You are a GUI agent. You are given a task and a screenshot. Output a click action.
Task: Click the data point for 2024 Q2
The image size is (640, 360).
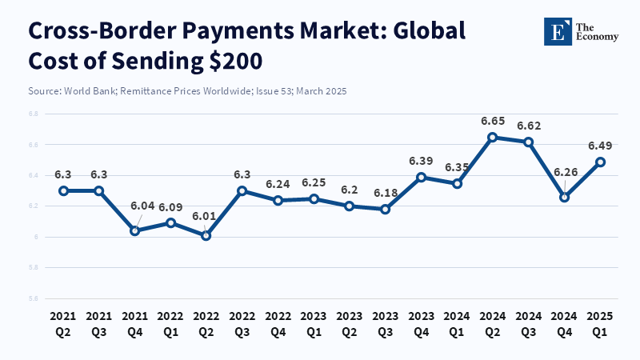[493, 137]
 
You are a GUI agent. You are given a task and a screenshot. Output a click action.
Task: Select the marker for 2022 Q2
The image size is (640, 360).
[206, 235]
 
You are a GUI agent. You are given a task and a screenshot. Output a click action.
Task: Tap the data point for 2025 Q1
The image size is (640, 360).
[600, 162]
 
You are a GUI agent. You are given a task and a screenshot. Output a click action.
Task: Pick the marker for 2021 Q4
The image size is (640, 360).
[134, 230]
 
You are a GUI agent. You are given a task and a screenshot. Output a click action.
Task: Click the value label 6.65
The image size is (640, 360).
[493, 121]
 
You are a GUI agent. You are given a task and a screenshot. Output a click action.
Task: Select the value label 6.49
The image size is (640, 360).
[600, 146]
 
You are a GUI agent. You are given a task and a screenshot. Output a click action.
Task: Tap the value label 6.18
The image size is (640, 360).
[386, 194]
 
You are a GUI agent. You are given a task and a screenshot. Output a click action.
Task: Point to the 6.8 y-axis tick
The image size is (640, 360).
[33, 114]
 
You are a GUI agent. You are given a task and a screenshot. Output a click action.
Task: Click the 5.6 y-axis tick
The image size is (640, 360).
[33, 298]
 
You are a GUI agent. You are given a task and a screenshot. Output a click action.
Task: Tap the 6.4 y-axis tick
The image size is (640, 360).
[33, 176]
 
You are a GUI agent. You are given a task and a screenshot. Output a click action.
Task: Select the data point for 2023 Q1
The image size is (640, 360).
[314, 198]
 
